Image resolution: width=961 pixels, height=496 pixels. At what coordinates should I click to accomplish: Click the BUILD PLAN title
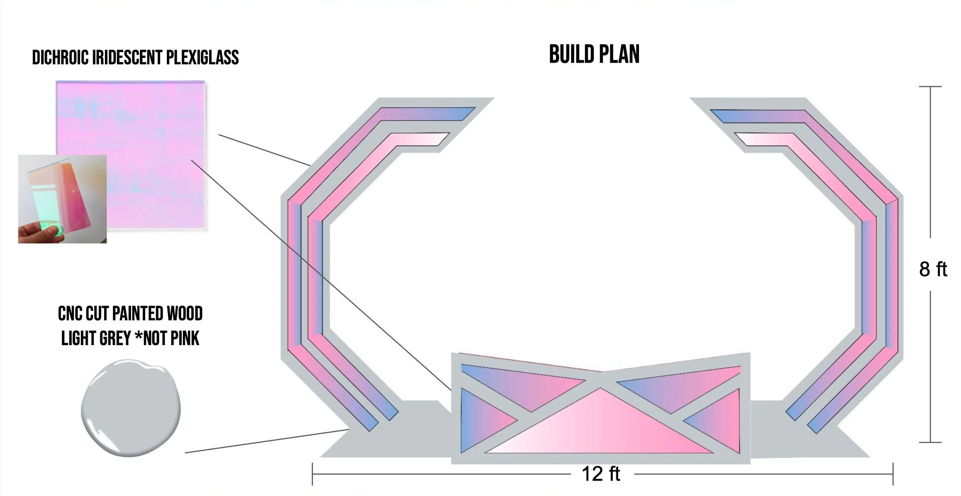594,55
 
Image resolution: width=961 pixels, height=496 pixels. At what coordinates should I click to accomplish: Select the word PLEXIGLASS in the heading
202,58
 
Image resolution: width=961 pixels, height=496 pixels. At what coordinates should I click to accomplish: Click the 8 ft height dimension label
933,269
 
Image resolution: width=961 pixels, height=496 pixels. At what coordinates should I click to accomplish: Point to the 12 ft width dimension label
601,474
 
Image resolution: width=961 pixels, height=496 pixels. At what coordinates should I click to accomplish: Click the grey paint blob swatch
131,408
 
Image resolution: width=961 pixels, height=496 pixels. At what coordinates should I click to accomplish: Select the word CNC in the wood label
70,314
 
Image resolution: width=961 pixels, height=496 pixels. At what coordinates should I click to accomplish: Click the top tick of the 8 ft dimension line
930,87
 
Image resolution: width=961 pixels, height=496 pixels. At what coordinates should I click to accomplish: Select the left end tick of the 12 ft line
313,474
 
